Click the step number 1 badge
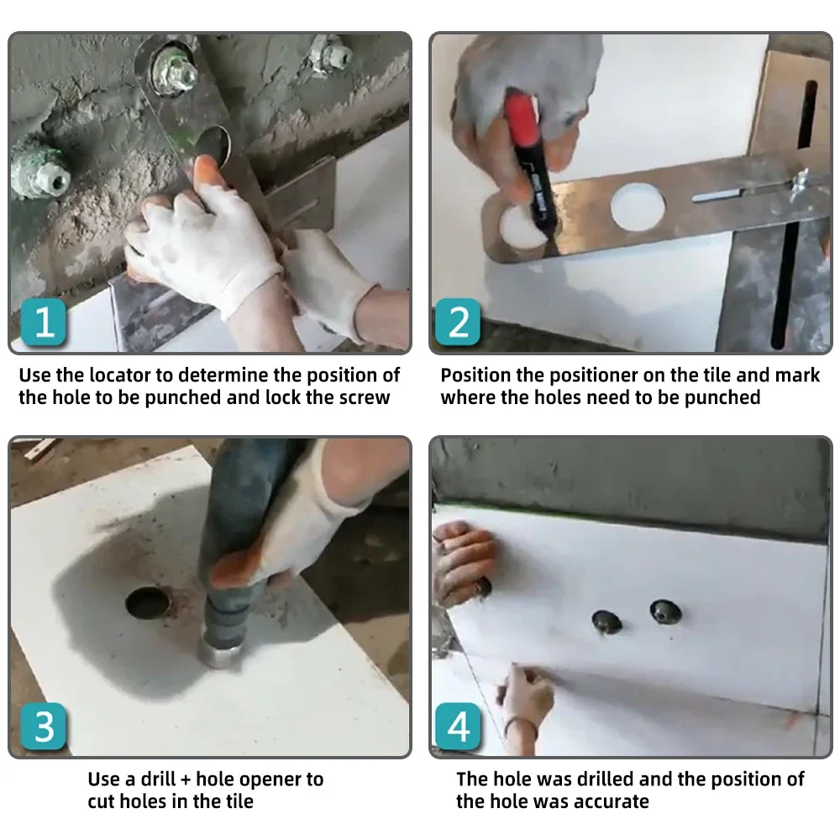coord(44,322)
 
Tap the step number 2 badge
coord(458,322)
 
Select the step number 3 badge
coord(44,727)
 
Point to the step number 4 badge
coord(458,727)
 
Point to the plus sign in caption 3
coord(186,780)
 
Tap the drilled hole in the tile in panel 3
coord(148,603)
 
